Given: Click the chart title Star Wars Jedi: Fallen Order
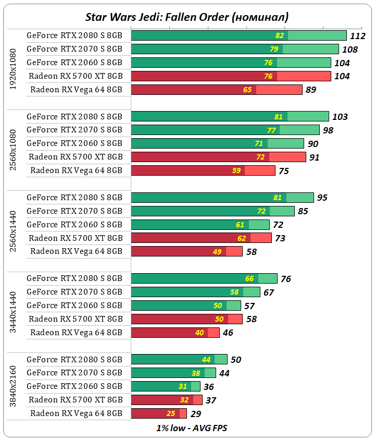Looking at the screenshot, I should coord(186,17).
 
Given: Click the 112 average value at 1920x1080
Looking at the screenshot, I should coord(358,36).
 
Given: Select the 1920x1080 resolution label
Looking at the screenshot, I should coord(14,69).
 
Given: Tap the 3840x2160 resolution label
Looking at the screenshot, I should coord(14,387).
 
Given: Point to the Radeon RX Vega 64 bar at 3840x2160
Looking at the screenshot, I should coord(158,413).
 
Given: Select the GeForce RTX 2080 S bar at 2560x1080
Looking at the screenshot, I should coord(230,116).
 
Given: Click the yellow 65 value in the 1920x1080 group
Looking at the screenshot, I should coord(247,90).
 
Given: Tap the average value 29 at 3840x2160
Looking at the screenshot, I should coord(196,414).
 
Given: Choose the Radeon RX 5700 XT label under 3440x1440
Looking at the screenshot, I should coord(76,319).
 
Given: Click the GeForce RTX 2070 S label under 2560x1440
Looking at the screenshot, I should coord(74,211).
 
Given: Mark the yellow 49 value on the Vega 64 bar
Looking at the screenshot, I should coord(217,252).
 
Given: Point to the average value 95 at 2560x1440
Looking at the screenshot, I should coord(322,198).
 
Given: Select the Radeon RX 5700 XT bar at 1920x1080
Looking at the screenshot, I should coord(231,76).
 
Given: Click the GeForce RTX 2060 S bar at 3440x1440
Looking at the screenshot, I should coord(185,305).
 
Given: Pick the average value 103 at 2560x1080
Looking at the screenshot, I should coord(340,117).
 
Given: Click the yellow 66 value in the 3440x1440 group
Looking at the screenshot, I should coord(249,279).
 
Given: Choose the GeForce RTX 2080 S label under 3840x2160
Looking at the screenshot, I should coord(74,360).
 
